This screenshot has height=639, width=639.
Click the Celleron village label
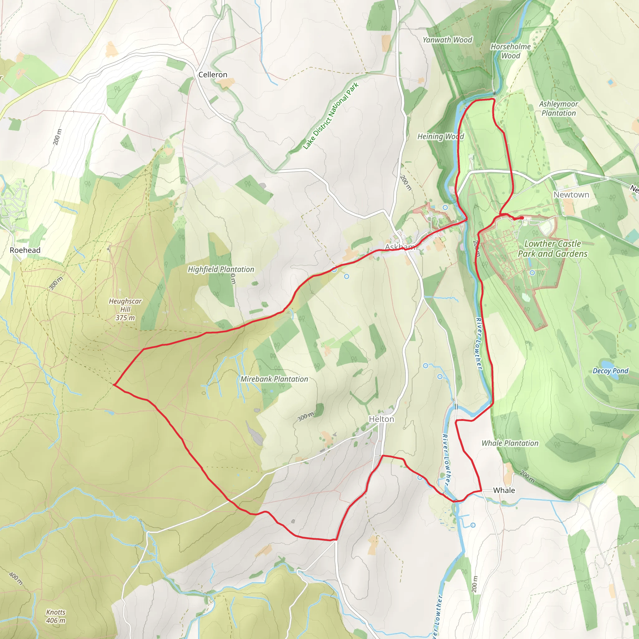(x=213, y=75)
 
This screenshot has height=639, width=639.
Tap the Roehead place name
(x=25, y=250)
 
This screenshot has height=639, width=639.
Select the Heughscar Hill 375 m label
(x=125, y=309)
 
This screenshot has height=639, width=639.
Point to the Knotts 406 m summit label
(x=56, y=616)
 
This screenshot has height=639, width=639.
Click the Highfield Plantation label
(x=221, y=269)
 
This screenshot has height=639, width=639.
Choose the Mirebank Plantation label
(x=274, y=379)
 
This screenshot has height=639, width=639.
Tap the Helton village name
(x=381, y=419)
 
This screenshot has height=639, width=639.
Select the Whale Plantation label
(x=510, y=443)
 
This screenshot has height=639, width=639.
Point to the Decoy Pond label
(x=610, y=371)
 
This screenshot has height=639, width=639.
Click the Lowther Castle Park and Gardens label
(x=552, y=248)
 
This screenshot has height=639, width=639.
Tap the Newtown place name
(x=571, y=195)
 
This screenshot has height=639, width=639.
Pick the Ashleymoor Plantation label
(x=559, y=109)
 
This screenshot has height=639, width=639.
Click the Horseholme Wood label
(x=510, y=51)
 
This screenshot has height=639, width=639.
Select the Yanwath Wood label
(x=447, y=40)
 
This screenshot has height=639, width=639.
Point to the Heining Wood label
(x=441, y=136)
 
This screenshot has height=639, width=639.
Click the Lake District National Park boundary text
(x=331, y=116)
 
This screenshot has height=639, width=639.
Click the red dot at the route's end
(x=522, y=218)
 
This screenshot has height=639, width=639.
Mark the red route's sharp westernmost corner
(x=114, y=384)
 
